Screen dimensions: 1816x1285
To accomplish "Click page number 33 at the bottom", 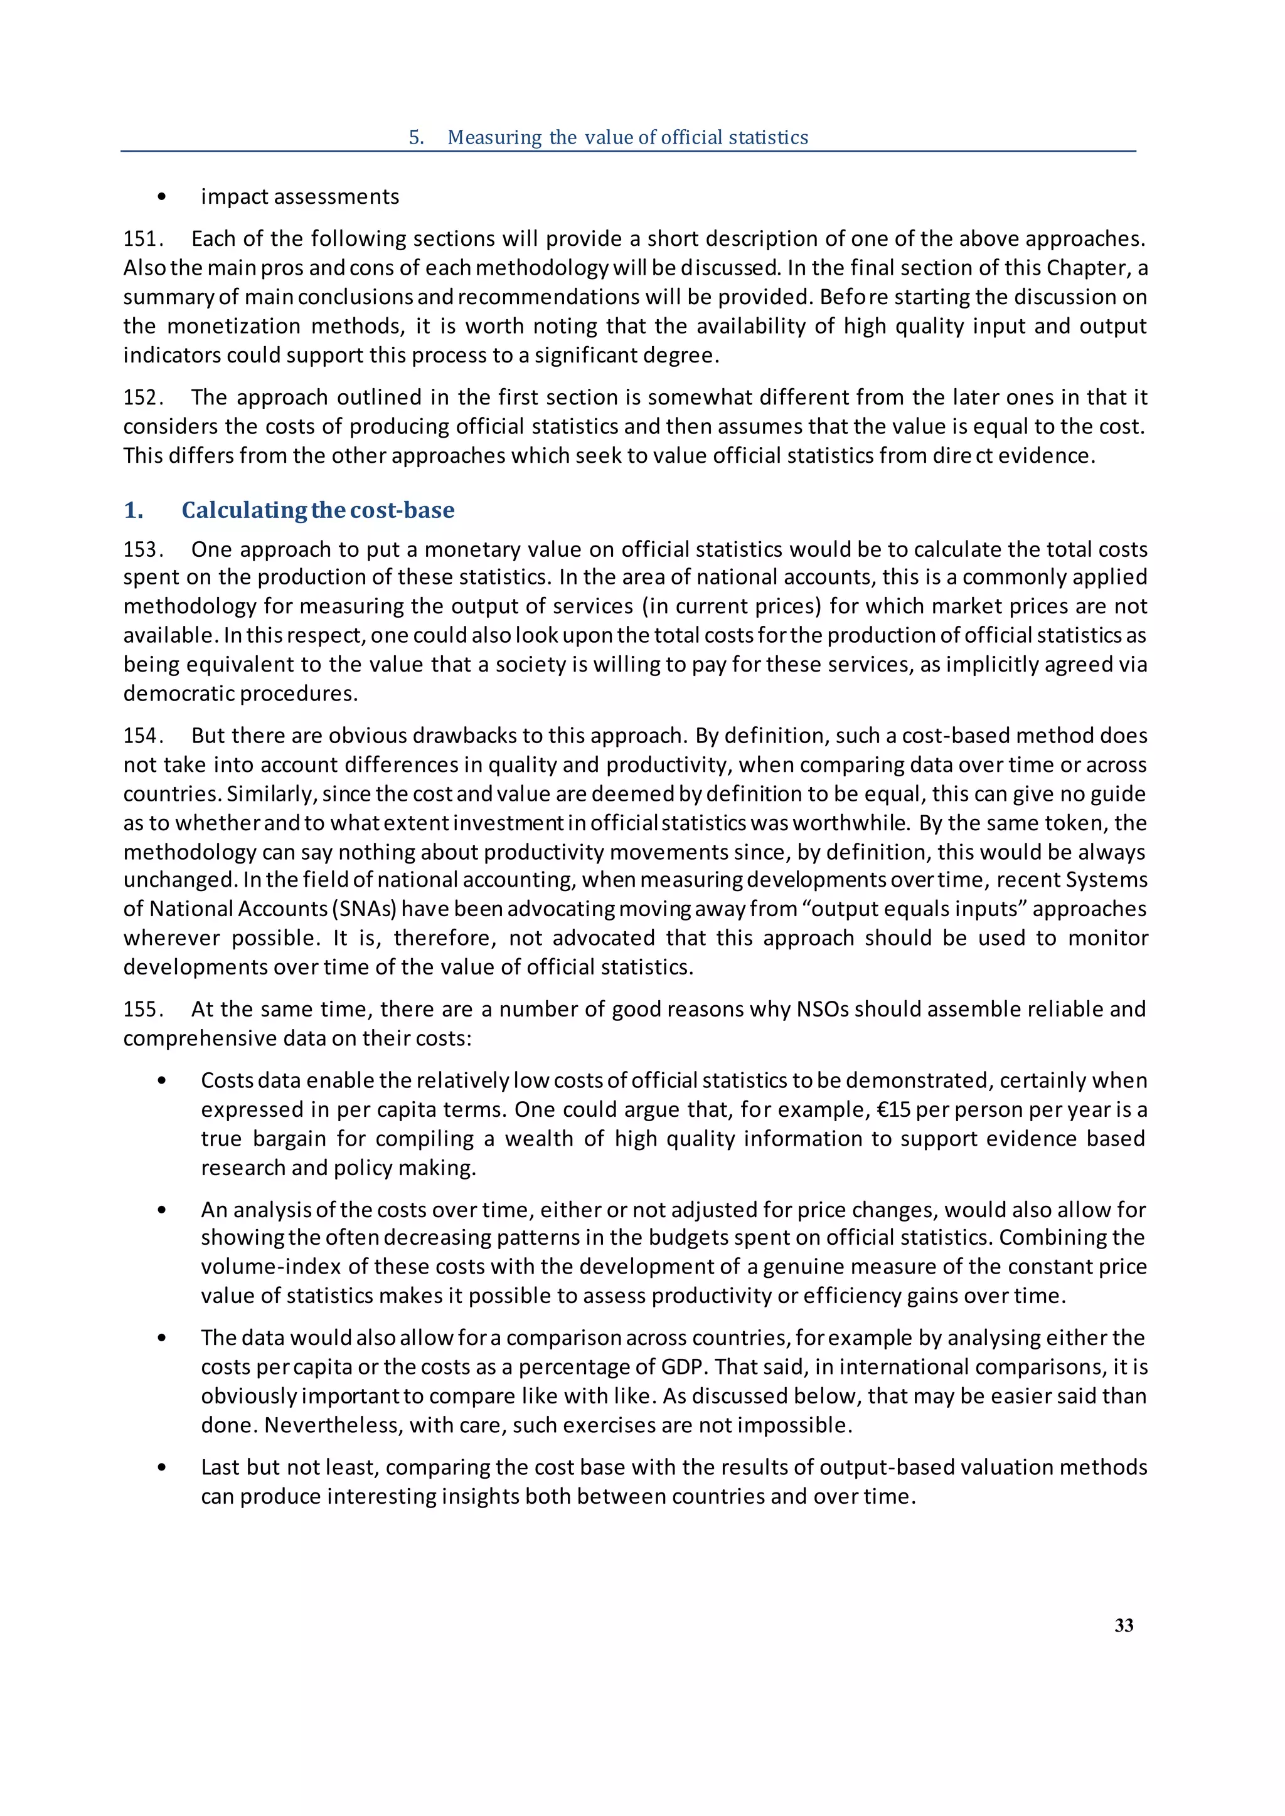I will tap(1124, 1625).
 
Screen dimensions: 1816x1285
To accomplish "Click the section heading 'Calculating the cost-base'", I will tap(318, 510).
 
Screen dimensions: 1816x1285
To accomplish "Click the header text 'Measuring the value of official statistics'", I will tap(627, 137).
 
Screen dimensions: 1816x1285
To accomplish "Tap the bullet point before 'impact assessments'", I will tap(163, 197).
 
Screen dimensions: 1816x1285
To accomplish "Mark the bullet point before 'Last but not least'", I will tap(163, 1468).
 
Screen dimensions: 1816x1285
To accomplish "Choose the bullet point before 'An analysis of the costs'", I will tap(163, 1210).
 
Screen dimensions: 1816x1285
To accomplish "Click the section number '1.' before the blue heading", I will tap(133, 510).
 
